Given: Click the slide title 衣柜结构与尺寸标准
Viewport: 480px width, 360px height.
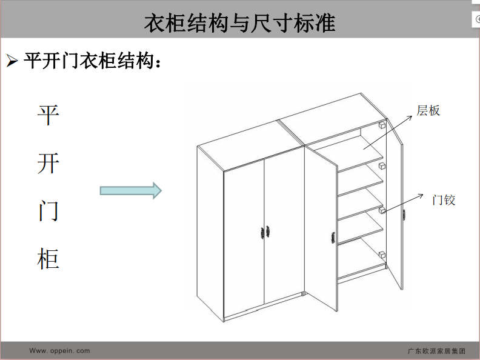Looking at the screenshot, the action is pyautogui.click(x=239, y=23).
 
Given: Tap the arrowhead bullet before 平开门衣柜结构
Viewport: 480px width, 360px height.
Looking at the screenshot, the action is pyautogui.click(x=12, y=61).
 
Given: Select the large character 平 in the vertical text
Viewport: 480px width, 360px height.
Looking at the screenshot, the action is pyautogui.click(x=48, y=115).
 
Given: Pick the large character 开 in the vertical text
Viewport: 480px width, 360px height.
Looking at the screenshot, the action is pyautogui.click(x=48, y=163).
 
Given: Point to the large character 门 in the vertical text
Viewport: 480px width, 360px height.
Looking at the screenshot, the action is pyautogui.click(x=48, y=211).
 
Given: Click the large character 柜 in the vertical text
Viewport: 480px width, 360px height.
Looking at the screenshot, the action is pyautogui.click(x=48, y=259).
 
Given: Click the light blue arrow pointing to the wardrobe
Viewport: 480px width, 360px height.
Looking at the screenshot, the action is pyautogui.click(x=131, y=191).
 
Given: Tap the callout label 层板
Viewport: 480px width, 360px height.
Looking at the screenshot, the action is pyautogui.click(x=428, y=110).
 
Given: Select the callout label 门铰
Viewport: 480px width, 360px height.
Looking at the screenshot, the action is pyautogui.click(x=444, y=200).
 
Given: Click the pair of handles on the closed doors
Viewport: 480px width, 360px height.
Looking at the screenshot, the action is pyautogui.click(x=265, y=232).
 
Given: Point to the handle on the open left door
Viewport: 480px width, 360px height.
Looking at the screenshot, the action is pyautogui.click(x=333, y=238).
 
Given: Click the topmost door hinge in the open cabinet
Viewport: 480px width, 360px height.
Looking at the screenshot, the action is pyautogui.click(x=382, y=125).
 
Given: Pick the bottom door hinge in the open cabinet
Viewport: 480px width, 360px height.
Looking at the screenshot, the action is pyautogui.click(x=382, y=255).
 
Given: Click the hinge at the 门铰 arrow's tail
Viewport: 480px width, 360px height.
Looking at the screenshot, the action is pyautogui.click(x=382, y=210).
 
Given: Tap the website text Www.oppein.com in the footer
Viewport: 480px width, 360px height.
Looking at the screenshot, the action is pyautogui.click(x=59, y=350).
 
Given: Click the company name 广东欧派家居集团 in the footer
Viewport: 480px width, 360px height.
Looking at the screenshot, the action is pyautogui.click(x=436, y=351).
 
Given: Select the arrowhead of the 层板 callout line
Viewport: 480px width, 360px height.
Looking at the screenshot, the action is pyautogui.click(x=410, y=118).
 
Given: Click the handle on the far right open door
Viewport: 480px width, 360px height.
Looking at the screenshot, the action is pyautogui.click(x=404, y=215).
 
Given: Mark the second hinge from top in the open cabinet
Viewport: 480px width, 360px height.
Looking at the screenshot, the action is pyautogui.click(x=382, y=166).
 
